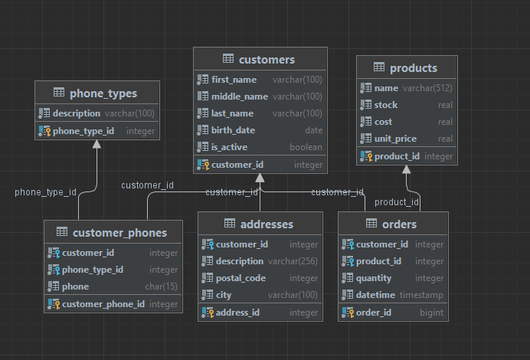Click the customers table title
point(267,60)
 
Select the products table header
point(414,68)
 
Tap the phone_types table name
point(103,93)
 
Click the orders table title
point(399,224)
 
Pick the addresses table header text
point(267,224)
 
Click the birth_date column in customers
point(234,130)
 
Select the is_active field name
point(231,147)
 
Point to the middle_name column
point(240,97)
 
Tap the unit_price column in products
point(396,139)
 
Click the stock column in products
point(386,105)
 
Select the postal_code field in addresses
point(241,278)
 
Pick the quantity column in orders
point(374,278)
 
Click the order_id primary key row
point(375,313)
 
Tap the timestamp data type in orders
point(421,295)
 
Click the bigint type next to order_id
point(432,313)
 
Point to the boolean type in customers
point(306,147)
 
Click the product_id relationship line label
point(396,202)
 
